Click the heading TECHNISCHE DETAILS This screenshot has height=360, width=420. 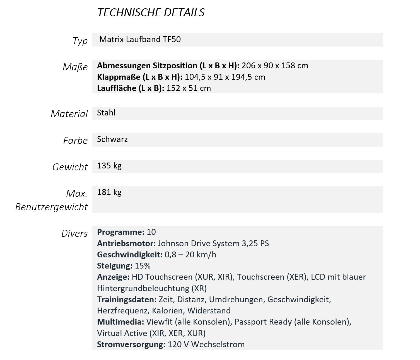coord(151,13)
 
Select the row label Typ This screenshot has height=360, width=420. coord(80,41)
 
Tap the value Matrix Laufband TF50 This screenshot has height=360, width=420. coord(140,39)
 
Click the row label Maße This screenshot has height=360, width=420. coord(75,67)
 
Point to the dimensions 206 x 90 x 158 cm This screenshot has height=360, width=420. coord(275,66)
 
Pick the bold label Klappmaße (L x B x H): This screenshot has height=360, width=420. coord(139,77)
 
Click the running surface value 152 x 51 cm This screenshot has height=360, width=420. coord(189,88)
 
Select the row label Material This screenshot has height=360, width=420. coord(69,114)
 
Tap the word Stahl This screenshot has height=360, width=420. coord(106,113)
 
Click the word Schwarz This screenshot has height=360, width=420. coord(112,139)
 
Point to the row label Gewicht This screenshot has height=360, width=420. coord(70,167)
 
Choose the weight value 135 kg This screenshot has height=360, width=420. coord(109,166)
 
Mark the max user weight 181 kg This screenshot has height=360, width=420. coord(109,192)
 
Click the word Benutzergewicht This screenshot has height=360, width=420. coord(51,207)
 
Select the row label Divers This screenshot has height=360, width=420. coord(74,233)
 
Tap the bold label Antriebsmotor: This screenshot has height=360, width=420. coord(126,244)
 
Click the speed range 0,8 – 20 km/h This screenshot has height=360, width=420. coord(190,255)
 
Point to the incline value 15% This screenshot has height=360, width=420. coord(143,266)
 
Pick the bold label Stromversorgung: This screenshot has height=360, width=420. coord(131,345)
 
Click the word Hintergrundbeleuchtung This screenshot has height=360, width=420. coord(143,288)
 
